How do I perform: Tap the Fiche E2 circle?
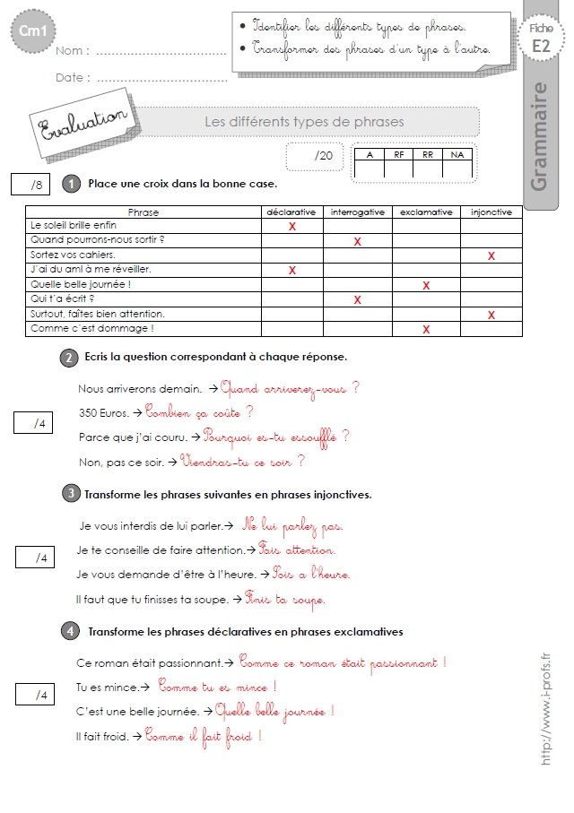coord(541,39)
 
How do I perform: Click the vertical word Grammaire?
coord(539,136)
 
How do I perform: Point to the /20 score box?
coord(314,156)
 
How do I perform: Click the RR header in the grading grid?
coord(427,154)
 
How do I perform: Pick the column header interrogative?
coord(358,212)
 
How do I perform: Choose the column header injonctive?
coord(491,212)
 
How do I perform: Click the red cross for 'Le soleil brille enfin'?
coord(292,227)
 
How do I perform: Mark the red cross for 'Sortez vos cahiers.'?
coord(491,256)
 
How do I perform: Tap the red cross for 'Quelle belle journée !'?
coord(426,286)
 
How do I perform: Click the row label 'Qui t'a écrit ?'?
coord(63,299)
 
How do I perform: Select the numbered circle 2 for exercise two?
coord(69,357)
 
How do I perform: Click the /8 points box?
coord(36,186)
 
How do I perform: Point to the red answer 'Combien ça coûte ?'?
coord(199,412)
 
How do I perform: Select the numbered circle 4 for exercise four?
coord(69,632)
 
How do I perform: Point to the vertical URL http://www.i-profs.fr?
coord(546,708)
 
